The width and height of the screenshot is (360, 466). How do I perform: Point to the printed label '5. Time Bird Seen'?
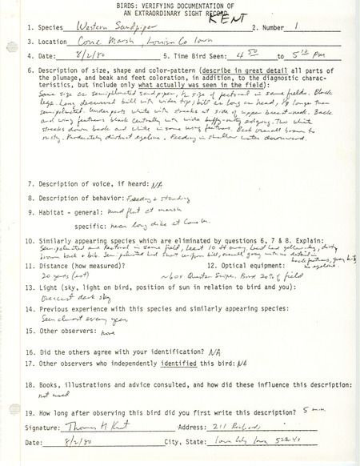coord(180,56)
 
